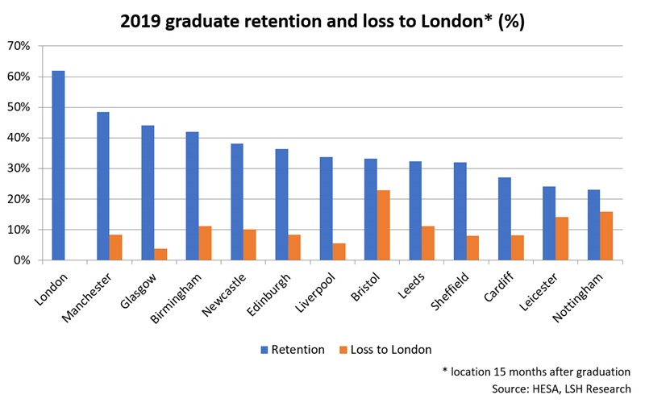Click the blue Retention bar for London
[x=58, y=166]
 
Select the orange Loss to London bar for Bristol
[x=383, y=226]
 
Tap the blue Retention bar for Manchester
[x=103, y=186]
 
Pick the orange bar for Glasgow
[x=160, y=254]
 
